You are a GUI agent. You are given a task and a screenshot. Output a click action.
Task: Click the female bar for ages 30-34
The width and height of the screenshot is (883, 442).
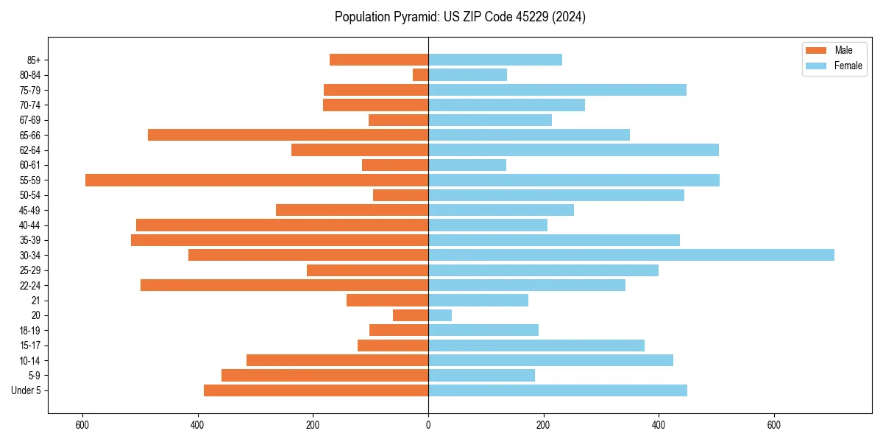point(631,255)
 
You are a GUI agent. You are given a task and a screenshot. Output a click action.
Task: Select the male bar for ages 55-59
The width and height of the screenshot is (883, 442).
point(257,180)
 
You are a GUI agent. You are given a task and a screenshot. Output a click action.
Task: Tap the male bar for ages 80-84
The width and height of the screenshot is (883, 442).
point(420,74)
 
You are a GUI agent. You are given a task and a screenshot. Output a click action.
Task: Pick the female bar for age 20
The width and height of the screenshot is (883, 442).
point(440,315)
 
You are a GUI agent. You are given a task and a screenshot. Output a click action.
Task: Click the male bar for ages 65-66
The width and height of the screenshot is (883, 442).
point(288,135)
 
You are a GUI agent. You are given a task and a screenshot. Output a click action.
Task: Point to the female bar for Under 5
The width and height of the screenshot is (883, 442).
point(557,390)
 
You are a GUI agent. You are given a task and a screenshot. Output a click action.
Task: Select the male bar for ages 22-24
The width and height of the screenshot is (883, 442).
point(284,285)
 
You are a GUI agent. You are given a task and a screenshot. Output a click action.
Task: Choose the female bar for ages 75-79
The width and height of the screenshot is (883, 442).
point(557,90)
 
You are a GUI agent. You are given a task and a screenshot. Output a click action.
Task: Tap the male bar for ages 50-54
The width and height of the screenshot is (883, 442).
point(400,195)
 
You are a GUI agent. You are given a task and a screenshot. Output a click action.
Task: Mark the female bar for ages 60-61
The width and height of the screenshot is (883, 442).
point(467,165)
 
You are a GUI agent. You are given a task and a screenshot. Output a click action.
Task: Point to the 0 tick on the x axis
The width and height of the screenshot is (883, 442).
point(428,425)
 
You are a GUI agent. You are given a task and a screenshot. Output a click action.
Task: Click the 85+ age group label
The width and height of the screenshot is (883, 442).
point(32,60)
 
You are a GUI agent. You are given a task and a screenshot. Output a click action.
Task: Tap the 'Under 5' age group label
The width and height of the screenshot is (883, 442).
point(26,390)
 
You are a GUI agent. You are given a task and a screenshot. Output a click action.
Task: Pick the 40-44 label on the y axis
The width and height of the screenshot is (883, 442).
point(29,225)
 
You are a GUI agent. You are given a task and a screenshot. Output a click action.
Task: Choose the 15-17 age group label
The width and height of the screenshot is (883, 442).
point(29,345)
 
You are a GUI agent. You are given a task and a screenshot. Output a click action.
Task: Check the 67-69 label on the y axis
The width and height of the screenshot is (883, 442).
point(29,120)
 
